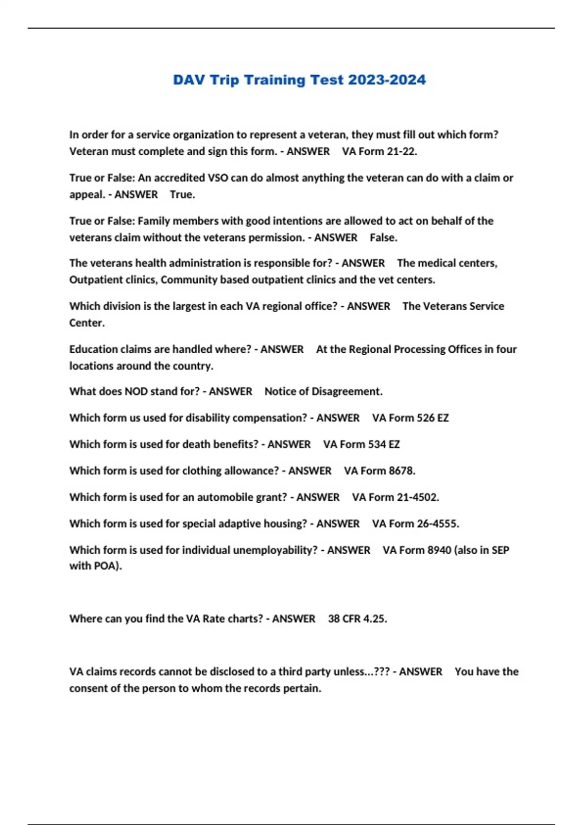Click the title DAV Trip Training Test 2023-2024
pyautogui.click(x=299, y=80)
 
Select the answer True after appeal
pyautogui.click(x=182, y=195)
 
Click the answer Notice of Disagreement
pyautogui.click(x=323, y=392)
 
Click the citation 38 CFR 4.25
pyautogui.click(x=357, y=619)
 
